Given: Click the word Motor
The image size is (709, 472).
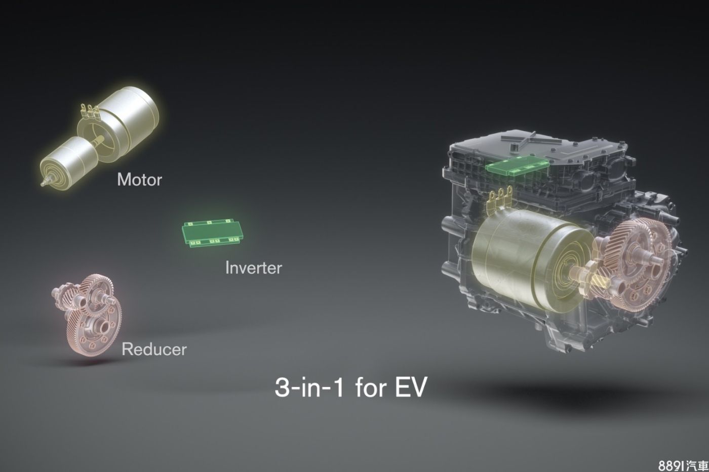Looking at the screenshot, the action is tap(140, 179).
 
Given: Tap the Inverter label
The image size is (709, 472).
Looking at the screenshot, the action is tap(254, 268).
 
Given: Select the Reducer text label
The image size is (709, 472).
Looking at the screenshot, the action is tap(154, 349).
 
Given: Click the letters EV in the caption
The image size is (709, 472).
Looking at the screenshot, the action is tap(411, 387).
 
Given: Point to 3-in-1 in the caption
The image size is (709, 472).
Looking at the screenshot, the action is tap(309, 387).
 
